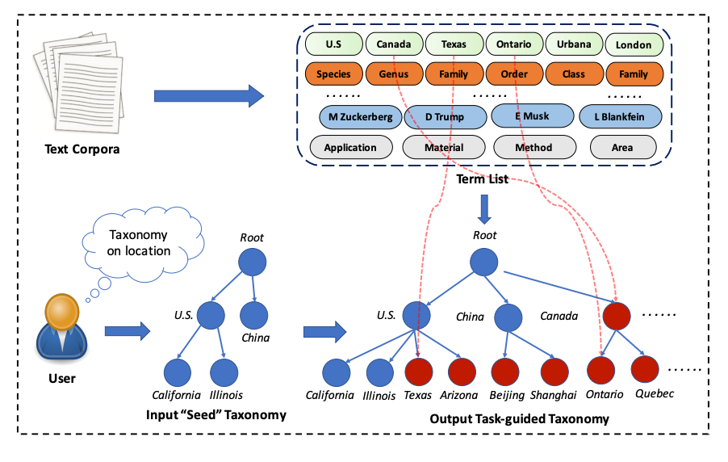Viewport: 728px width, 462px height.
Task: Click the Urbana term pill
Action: coord(573,44)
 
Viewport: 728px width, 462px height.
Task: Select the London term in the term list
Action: coord(634,45)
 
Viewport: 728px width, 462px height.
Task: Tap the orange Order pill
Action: coord(513,74)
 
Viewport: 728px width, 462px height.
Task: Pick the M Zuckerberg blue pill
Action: coord(360,117)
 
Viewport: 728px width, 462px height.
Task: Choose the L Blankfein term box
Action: coord(620,117)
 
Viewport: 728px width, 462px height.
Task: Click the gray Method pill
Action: coord(533,148)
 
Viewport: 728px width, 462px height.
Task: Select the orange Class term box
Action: coord(573,74)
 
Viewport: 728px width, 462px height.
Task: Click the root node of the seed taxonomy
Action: coord(253,262)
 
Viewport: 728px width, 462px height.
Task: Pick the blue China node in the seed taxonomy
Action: coord(253,315)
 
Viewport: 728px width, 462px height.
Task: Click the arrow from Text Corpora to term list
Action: coord(209,96)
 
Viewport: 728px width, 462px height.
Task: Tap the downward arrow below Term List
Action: coord(483,208)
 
